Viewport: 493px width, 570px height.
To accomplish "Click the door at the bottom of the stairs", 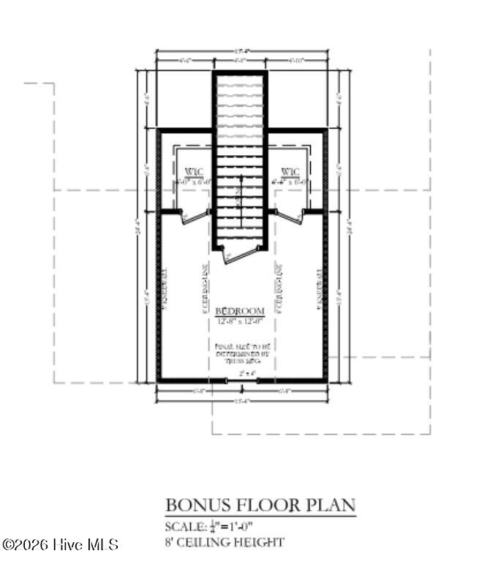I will [x=241, y=254].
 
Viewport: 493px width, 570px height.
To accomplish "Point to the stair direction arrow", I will [x=241, y=190].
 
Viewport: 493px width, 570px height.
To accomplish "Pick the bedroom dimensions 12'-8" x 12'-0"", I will [x=241, y=321].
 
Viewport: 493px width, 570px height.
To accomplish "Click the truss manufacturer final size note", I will [x=241, y=355].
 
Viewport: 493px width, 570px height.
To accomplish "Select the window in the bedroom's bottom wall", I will [x=241, y=380].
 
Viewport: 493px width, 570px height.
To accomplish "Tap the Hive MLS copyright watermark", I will [x=60, y=545].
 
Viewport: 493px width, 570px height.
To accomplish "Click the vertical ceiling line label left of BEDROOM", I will [x=206, y=289].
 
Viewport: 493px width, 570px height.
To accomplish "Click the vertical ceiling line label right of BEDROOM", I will [x=279, y=289].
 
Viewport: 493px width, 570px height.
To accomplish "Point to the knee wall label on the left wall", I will [x=167, y=289].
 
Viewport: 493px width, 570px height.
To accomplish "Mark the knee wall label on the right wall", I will [x=319, y=289].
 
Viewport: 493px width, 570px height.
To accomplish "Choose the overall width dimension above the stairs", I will [x=241, y=51].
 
